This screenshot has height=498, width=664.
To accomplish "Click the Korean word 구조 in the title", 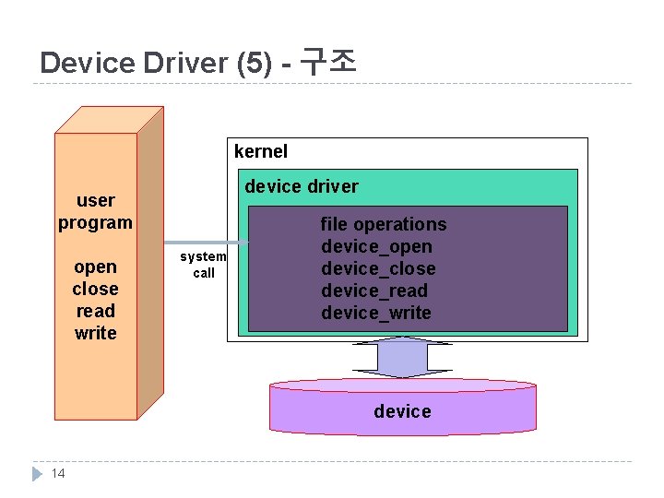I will [x=329, y=62].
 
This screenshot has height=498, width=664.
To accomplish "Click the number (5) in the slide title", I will [x=255, y=63].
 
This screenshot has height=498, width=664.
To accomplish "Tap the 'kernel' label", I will [x=261, y=151].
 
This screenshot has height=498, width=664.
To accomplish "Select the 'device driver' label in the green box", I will [x=302, y=186].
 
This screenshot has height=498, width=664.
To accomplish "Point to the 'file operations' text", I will [x=383, y=224].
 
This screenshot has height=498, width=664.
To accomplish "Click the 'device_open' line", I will [x=376, y=246].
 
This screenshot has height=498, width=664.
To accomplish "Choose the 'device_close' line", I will [x=378, y=268].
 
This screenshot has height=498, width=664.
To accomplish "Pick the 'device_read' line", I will [x=374, y=290].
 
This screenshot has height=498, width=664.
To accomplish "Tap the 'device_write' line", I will [x=375, y=313].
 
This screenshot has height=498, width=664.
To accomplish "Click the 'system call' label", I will [x=203, y=265].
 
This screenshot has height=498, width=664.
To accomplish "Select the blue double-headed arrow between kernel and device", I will [x=402, y=358].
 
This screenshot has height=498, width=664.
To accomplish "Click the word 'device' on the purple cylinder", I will [x=402, y=411].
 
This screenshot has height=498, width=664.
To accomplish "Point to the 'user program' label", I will [x=95, y=211].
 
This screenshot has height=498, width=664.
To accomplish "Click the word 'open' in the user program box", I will [x=95, y=267].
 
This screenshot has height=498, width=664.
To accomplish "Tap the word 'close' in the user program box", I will [x=95, y=289].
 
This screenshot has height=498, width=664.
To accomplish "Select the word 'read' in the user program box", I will [x=95, y=311].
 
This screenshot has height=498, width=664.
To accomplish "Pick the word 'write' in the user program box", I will [x=95, y=333].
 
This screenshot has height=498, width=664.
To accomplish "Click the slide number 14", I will [x=58, y=474].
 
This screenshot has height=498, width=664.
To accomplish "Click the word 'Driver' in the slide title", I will [x=184, y=63].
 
